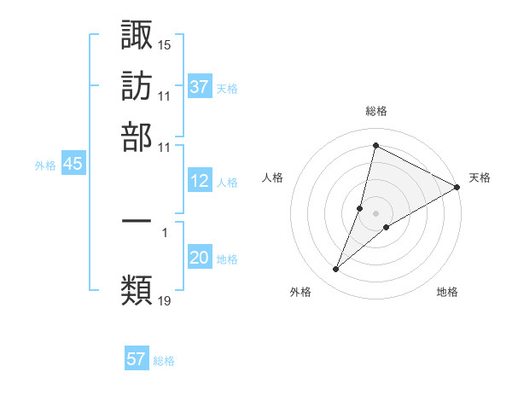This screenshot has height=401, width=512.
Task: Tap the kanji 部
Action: [137, 137]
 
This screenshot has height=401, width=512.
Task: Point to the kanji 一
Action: [137, 220]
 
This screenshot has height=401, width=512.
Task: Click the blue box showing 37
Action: [200, 87]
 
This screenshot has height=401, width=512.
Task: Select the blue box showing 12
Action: [200, 181]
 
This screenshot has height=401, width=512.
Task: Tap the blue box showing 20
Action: [200, 259]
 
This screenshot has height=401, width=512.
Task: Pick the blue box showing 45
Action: [73, 165]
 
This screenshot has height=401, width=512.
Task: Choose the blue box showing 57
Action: [137, 359]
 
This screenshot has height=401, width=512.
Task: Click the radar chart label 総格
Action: [375, 111]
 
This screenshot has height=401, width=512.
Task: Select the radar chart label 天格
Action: [480, 177]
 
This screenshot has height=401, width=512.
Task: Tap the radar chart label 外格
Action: [301, 293]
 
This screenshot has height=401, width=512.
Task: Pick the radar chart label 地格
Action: [447, 293]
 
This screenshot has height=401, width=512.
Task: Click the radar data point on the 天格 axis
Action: [457, 187]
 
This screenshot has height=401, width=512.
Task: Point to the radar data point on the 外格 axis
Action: [335, 270]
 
